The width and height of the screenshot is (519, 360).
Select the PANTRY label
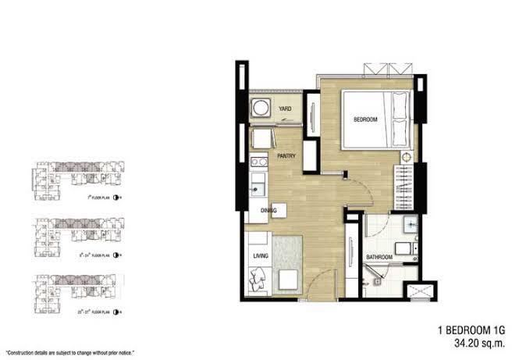[285, 156]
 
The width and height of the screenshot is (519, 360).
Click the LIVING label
[260, 255]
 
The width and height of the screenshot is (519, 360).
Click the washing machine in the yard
[259, 109]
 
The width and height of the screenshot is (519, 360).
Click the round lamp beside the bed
[407, 157]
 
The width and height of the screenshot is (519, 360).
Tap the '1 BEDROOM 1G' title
[465, 328]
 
